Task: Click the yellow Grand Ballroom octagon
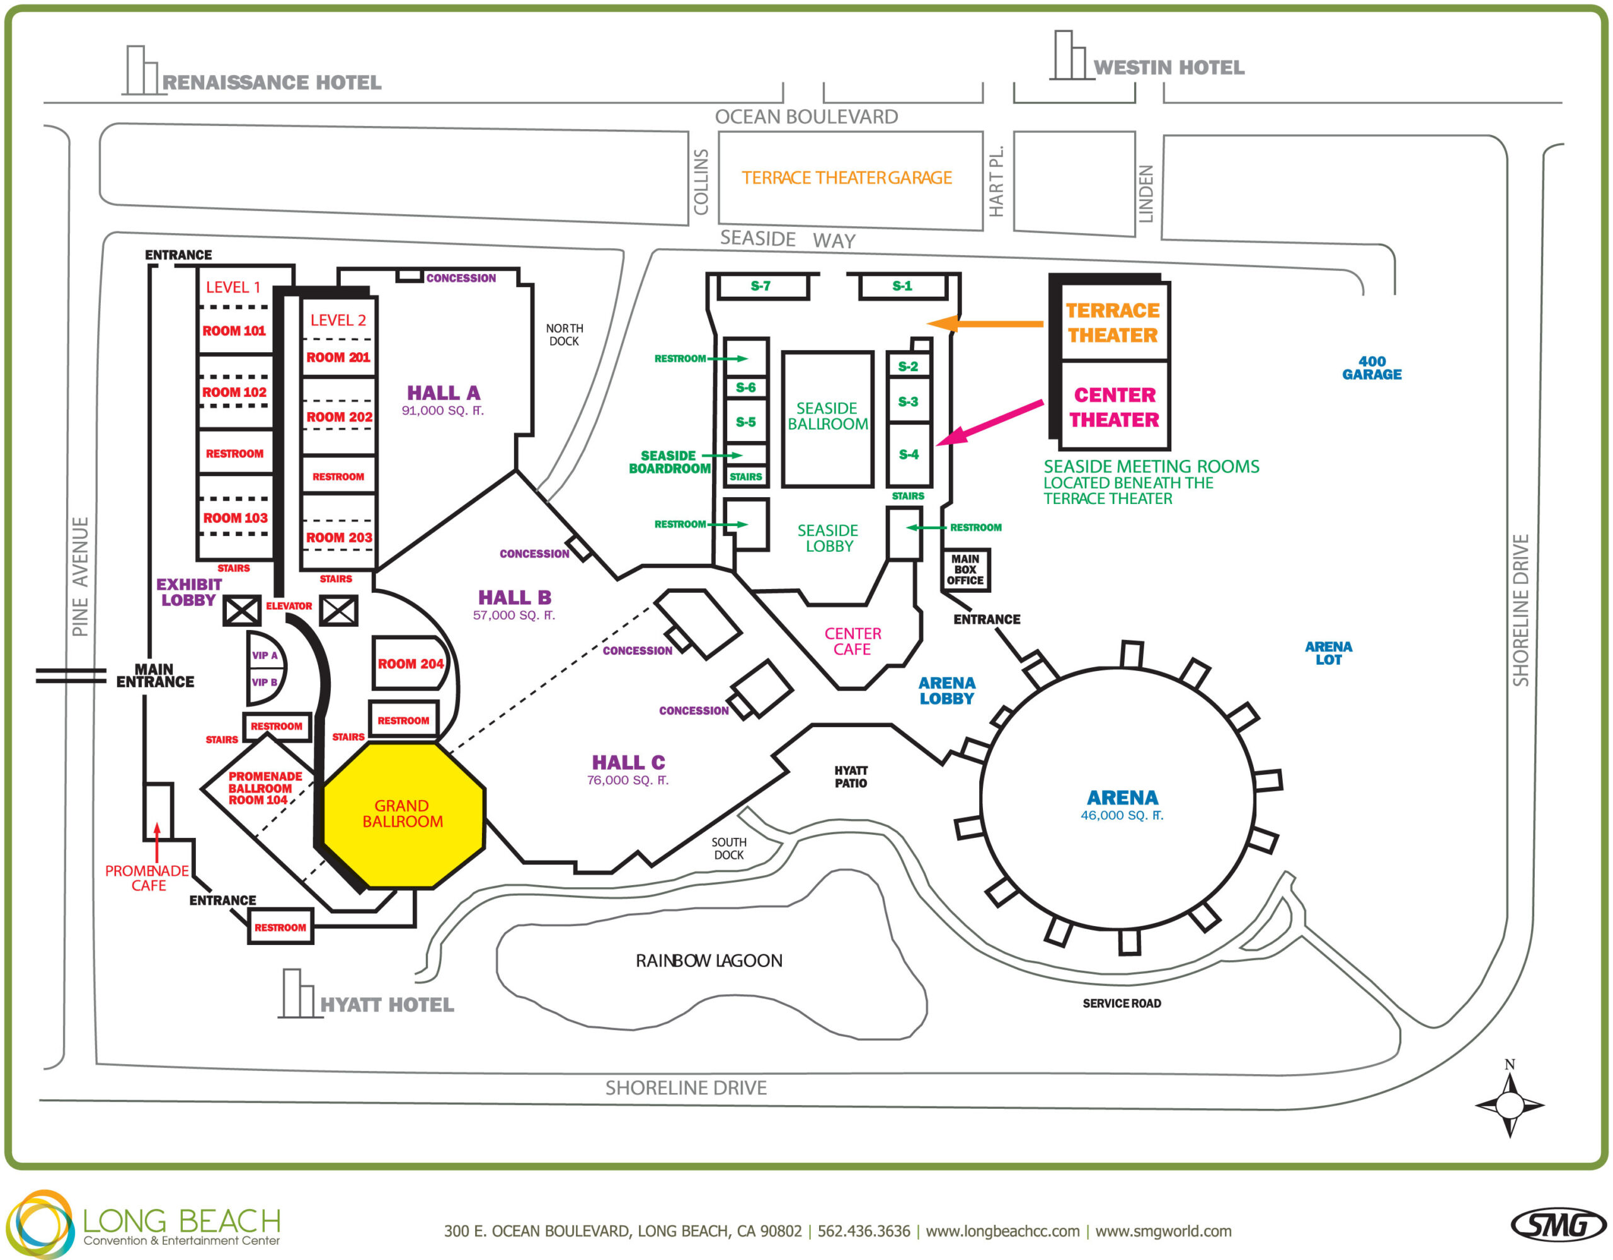click(403, 814)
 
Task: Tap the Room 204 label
click(410, 664)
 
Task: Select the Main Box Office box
click(965, 570)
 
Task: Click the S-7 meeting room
click(761, 286)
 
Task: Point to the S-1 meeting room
click(902, 286)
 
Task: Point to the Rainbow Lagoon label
click(708, 961)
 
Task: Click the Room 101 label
click(234, 331)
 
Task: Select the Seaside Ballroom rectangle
click(827, 418)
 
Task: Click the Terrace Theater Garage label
click(846, 178)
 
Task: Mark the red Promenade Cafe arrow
click(156, 842)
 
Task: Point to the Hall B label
click(514, 597)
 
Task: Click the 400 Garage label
click(1372, 368)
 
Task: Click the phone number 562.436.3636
click(863, 1231)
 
